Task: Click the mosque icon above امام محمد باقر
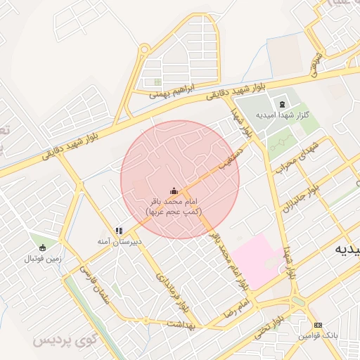pos(174,191)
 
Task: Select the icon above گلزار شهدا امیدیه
pos(283,103)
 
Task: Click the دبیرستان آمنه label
pos(120,241)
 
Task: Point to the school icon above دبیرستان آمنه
pos(120,230)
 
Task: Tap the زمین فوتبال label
pos(43,258)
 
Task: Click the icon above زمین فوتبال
pos(43,247)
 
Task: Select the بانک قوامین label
pos(318,336)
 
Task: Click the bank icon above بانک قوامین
pos(318,326)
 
